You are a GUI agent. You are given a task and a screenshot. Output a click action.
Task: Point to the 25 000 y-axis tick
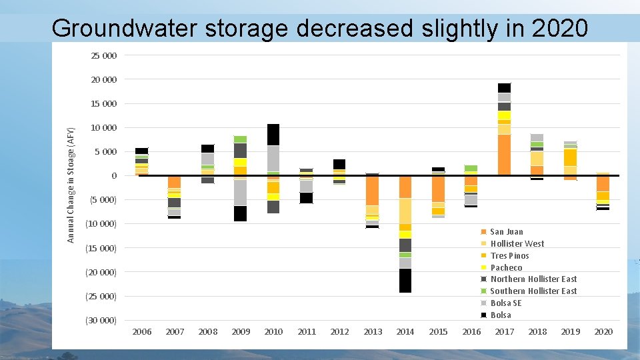point(103,55)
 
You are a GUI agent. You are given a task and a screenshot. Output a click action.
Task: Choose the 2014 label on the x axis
point(405,331)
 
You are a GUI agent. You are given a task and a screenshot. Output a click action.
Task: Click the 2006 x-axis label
point(142,331)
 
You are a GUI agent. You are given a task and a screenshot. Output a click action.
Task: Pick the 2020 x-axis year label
point(603,331)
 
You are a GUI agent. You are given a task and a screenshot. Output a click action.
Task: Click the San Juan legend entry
point(506,231)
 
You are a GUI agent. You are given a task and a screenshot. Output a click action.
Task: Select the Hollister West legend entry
point(517,243)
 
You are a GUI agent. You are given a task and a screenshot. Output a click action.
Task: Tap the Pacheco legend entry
point(506,267)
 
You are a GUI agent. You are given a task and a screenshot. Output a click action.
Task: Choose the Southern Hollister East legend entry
point(533,291)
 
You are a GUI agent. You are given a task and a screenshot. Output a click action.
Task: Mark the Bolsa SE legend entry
point(505,303)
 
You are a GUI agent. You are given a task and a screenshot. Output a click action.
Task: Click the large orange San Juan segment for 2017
point(504,155)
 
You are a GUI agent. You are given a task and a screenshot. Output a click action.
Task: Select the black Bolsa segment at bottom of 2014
point(405,280)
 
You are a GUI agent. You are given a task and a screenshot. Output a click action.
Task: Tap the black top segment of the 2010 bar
point(273,134)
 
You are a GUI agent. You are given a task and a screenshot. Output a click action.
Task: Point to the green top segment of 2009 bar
point(240,139)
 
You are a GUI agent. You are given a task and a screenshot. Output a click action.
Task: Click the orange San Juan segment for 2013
point(372,190)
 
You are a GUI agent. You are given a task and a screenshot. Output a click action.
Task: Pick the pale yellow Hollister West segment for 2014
point(405,211)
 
